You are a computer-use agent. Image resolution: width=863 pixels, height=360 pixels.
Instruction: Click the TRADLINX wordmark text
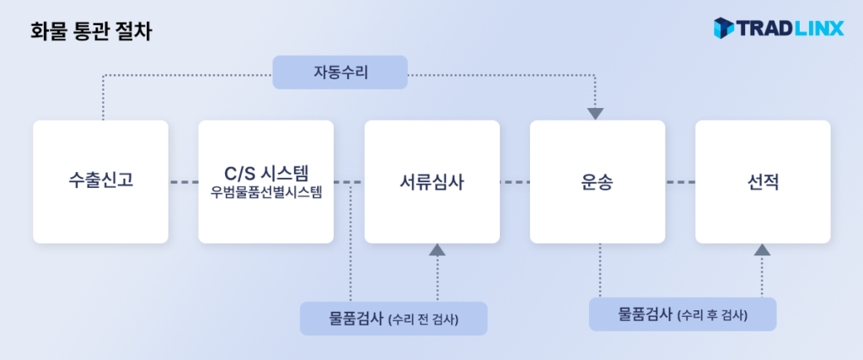(791, 29)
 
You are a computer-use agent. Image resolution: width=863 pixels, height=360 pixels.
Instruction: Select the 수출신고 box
(100, 181)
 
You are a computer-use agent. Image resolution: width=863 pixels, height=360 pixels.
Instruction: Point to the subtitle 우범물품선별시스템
(266, 191)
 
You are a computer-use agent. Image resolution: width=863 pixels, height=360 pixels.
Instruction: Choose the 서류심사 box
(431, 181)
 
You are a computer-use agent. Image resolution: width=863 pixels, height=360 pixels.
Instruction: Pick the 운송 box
(597, 181)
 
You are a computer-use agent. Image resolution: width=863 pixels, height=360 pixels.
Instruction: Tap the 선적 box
(762, 181)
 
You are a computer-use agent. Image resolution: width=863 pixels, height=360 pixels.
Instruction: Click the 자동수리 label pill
(340, 73)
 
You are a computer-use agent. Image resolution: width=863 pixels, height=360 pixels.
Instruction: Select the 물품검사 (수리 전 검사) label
(394, 319)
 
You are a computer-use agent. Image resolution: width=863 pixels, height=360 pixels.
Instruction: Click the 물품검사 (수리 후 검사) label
(683, 314)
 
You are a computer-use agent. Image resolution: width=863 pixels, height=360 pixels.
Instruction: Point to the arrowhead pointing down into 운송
(596, 113)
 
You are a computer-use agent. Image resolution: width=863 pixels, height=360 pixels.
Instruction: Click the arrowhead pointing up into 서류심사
(437, 250)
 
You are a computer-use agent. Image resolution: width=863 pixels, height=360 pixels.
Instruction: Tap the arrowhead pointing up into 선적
(762, 250)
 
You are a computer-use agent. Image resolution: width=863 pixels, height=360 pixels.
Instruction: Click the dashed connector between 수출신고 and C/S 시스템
(183, 182)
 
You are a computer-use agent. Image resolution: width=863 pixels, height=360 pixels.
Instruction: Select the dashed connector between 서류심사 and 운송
(514, 182)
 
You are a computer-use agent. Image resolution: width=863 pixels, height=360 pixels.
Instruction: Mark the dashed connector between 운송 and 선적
(679, 182)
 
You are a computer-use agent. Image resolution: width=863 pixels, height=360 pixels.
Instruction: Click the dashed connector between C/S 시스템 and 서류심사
(349, 182)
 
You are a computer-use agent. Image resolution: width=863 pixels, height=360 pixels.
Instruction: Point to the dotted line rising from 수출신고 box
(103, 97)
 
